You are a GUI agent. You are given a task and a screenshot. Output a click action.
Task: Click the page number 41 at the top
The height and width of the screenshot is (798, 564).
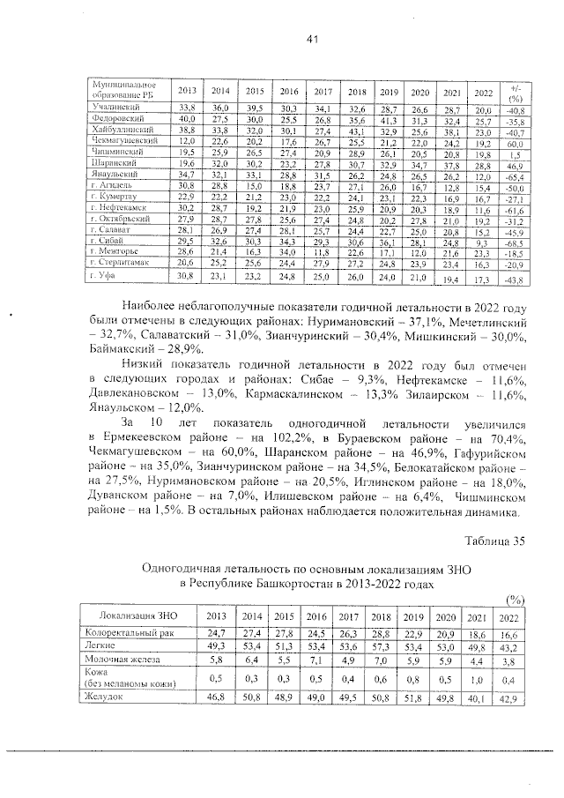point(311,38)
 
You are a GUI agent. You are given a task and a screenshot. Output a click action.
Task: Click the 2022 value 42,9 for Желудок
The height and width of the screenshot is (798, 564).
point(508,697)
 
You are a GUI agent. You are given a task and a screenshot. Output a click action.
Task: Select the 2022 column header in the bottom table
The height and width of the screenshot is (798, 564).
point(508,616)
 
